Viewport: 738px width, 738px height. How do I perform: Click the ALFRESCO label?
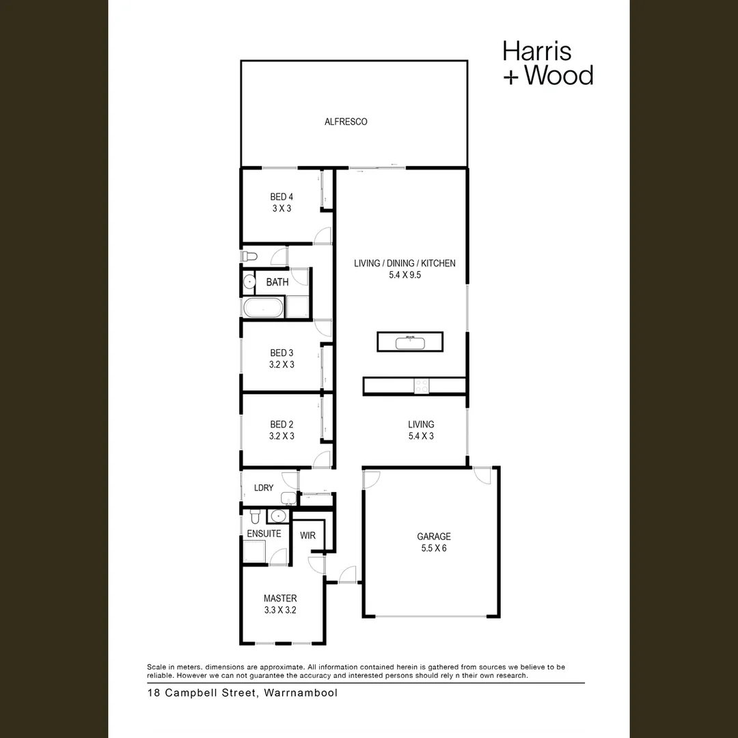346,122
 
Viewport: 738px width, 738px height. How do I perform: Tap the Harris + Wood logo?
547,63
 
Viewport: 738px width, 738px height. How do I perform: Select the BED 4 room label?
282,197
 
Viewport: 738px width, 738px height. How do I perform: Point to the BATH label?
277,282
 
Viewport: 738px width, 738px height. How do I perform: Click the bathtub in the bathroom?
262,307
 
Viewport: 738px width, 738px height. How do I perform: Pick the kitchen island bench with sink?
410,341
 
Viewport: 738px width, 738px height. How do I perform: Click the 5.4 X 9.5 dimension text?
405,275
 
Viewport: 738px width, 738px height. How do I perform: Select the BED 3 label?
282,353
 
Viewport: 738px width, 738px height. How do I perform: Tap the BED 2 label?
282,424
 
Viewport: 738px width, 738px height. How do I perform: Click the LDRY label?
264,488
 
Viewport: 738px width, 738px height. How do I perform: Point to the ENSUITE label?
264,534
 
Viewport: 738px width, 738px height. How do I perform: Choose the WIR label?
307,535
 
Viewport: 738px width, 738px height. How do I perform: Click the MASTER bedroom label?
280,599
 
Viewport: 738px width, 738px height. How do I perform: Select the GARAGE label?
434,536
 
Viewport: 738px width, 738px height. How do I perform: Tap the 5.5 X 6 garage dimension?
434,548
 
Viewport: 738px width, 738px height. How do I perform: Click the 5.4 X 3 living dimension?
421,436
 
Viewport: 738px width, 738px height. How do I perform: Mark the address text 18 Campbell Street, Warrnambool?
242,693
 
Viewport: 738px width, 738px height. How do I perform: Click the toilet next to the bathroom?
249,256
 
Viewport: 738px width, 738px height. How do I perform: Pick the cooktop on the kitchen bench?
422,386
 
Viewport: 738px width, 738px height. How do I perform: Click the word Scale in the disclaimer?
157,667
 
